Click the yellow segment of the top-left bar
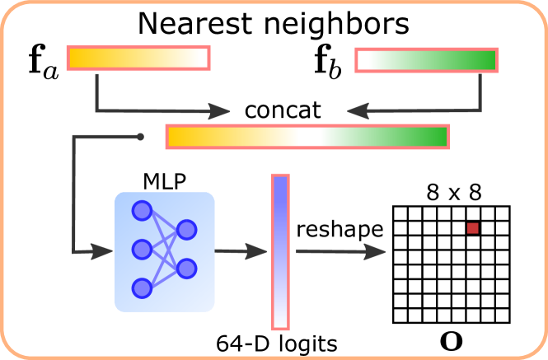[134, 58]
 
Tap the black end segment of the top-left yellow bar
[204, 58]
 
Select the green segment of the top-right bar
[432, 60]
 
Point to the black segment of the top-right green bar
[363, 60]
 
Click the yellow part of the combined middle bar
[233, 137]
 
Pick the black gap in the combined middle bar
[309, 137]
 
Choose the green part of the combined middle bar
[383, 137]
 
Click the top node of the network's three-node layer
[143, 211]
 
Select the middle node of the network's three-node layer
[143, 249]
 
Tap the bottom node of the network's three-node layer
[143, 288]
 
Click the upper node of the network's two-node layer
[187, 230]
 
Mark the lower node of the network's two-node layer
[187, 269]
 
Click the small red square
[473, 228]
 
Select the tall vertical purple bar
[280, 252]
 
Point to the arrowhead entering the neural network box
[103, 251]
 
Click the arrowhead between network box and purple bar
[257, 251]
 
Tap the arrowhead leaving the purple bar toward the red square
[375, 251]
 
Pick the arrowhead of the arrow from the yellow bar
[219, 111]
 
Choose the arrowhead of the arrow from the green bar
[358, 111]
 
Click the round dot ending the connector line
[141, 137]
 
